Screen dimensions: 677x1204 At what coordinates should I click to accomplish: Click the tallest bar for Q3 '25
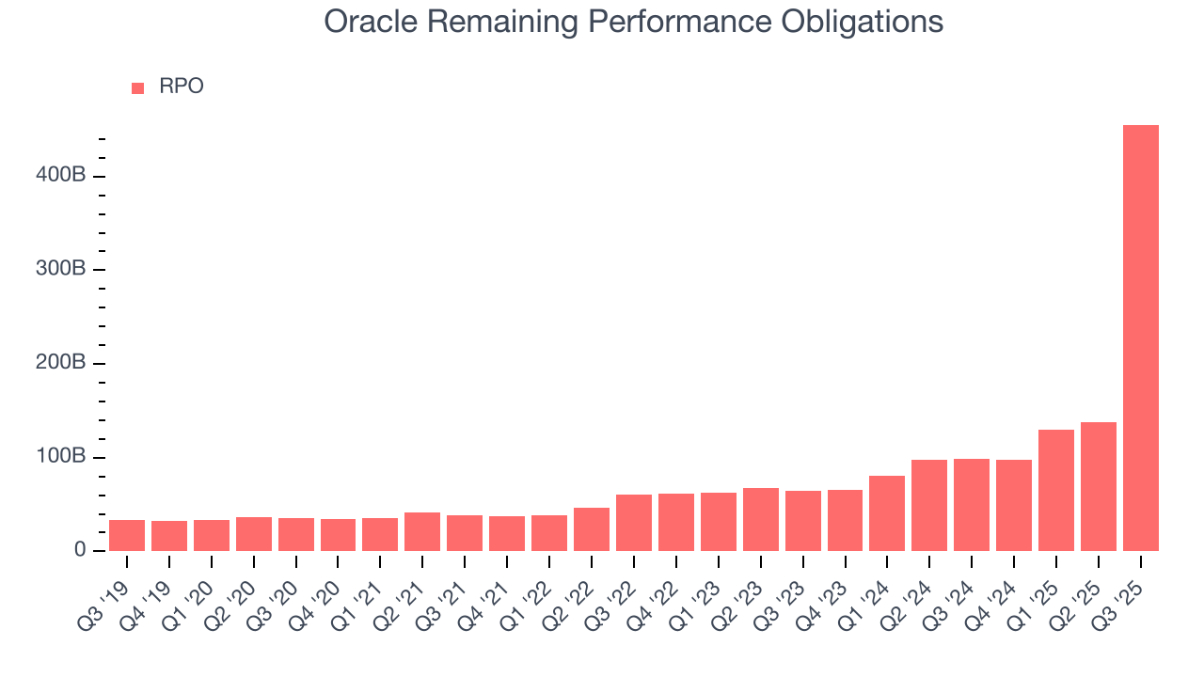pyautogui.click(x=1140, y=338)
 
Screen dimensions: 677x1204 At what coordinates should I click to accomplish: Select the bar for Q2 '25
pyautogui.click(x=1098, y=486)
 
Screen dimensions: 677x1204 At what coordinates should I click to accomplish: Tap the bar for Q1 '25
pyautogui.click(x=1055, y=490)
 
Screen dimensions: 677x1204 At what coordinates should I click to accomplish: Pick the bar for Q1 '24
pyautogui.click(x=887, y=513)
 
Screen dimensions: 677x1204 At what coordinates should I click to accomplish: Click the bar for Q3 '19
pyautogui.click(x=127, y=535)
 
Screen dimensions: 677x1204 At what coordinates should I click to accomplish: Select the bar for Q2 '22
pyautogui.click(x=592, y=529)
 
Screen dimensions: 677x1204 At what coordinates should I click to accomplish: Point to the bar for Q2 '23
pyautogui.click(x=760, y=519)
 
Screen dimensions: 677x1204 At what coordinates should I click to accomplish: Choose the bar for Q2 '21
pyautogui.click(x=422, y=531)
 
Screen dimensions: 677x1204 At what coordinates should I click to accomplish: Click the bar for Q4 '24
pyautogui.click(x=1013, y=505)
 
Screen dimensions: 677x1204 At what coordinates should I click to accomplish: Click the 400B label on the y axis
pyautogui.click(x=63, y=176)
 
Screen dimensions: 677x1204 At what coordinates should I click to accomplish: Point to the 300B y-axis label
pyautogui.click(x=63, y=270)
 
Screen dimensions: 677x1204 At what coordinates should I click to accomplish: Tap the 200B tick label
pyautogui.click(x=63, y=363)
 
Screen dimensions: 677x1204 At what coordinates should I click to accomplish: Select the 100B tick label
pyautogui.click(x=63, y=457)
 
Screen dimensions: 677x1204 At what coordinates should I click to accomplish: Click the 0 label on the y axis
pyautogui.click(x=80, y=550)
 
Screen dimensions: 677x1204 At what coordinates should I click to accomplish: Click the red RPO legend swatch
pyautogui.click(x=138, y=87)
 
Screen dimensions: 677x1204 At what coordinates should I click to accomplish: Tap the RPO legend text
pyautogui.click(x=181, y=87)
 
